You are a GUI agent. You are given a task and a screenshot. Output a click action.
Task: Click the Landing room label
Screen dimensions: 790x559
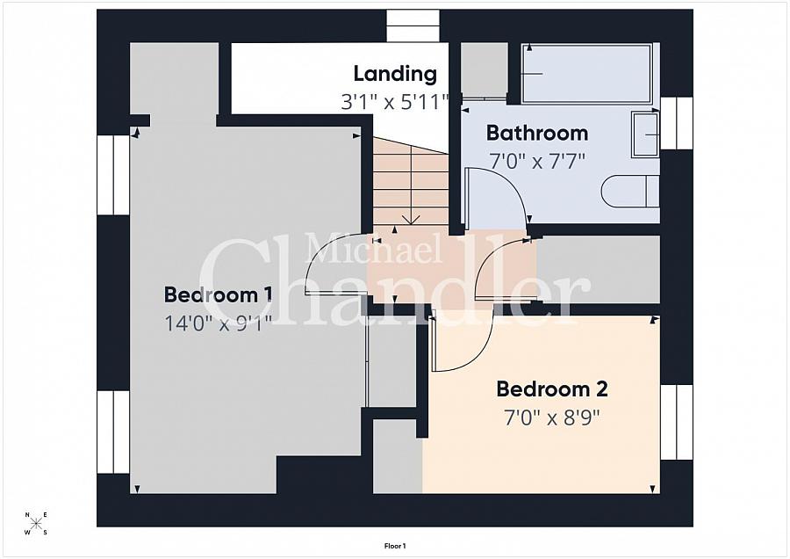[x=395, y=74]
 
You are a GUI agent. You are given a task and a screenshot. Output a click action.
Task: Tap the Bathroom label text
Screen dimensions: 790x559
[x=537, y=134]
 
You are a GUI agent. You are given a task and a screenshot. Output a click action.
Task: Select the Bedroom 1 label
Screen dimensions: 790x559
[x=219, y=294]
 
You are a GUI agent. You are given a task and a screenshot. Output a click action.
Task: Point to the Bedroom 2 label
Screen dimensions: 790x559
[x=552, y=389]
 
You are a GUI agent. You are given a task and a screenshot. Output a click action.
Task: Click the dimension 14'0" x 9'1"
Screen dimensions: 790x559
[x=219, y=323]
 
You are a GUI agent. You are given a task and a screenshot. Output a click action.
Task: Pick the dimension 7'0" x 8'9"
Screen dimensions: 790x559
[x=552, y=417]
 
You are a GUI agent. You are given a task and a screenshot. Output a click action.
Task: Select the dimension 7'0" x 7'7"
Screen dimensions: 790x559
[x=537, y=162]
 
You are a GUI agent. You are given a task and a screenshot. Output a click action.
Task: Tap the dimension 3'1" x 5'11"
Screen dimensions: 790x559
[x=394, y=103]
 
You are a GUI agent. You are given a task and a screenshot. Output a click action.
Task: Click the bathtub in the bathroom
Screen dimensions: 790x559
[x=587, y=74]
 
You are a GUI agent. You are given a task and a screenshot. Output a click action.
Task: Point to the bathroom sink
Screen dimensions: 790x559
[x=645, y=134]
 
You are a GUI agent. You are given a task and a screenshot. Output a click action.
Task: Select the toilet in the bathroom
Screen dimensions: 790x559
[x=630, y=192]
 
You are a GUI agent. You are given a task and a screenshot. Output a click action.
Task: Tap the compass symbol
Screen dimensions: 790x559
[x=36, y=523]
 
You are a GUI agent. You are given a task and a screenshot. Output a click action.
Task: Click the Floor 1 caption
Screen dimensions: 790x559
[x=395, y=546]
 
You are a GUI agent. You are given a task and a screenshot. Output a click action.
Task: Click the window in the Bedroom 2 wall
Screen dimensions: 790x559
[x=676, y=423]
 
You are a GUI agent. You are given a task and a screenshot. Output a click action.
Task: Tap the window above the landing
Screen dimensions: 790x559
[x=413, y=25]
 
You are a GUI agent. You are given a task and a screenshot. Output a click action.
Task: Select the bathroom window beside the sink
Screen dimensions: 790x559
[x=676, y=123]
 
